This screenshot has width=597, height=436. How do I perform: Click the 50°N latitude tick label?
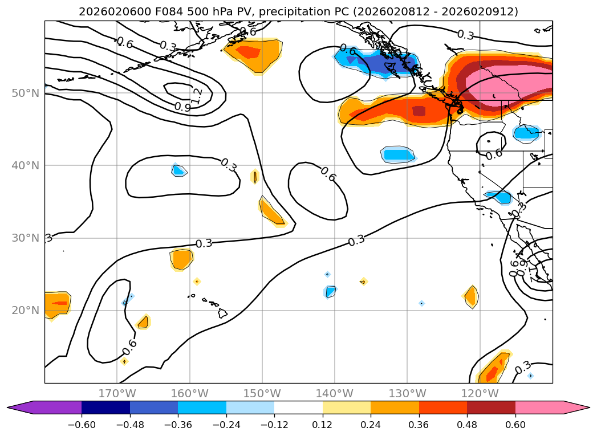tap(26, 93)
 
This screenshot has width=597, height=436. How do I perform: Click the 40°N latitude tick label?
tap(26, 165)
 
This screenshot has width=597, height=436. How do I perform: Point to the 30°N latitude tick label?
tap(26, 238)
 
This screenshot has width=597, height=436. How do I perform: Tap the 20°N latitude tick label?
tap(26, 311)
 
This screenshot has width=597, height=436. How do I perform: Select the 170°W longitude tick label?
tap(117, 393)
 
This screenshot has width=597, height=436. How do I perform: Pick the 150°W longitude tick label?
tap(262, 393)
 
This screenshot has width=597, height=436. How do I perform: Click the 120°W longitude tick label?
tap(480, 393)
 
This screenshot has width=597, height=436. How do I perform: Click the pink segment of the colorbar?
tap(539, 408)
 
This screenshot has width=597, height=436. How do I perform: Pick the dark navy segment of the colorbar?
tap(105, 408)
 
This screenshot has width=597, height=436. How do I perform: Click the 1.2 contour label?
tap(197, 95)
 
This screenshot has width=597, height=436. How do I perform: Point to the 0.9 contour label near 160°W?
tap(182, 107)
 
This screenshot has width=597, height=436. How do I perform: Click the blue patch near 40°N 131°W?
tap(398, 154)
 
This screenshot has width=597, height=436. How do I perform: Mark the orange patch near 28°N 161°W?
tap(182, 259)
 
